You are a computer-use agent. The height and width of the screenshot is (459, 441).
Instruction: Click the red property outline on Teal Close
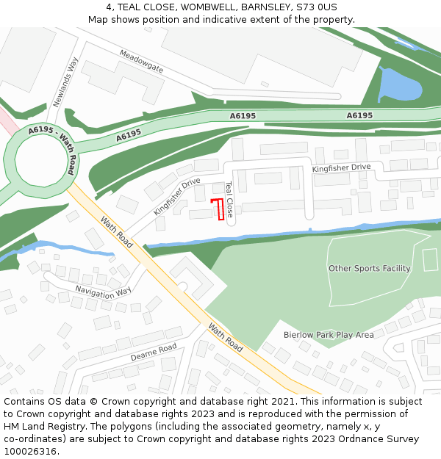click(218, 209)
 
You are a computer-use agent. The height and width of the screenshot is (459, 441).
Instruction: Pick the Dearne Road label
click(154, 353)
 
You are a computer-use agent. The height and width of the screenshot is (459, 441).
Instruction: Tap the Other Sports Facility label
click(369, 269)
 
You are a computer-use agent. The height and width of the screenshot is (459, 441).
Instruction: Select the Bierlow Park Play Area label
click(329, 335)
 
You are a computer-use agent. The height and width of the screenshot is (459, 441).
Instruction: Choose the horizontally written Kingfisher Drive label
click(341, 167)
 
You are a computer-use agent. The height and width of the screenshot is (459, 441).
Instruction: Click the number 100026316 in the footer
click(29, 451)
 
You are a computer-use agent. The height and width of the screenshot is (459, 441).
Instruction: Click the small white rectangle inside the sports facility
click(430, 259)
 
